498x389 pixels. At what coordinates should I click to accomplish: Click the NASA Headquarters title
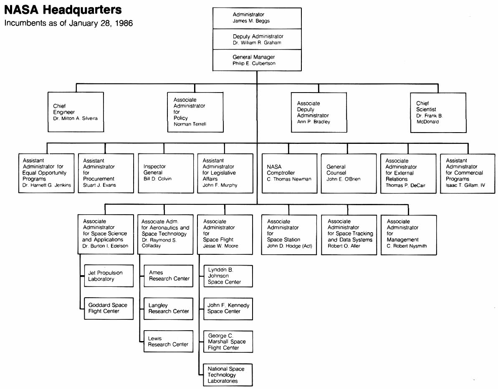[x=63, y=10]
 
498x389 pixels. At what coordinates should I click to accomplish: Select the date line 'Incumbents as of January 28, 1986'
[x=68, y=23]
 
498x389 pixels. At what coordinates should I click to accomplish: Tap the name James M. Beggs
[x=251, y=21]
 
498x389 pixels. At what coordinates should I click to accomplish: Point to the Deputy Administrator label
[x=258, y=36]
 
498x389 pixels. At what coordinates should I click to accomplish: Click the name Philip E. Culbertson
[x=254, y=63]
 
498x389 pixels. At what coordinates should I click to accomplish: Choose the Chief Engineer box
[x=76, y=112]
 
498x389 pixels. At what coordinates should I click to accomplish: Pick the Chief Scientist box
[x=438, y=113]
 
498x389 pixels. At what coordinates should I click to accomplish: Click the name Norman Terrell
[x=190, y=124]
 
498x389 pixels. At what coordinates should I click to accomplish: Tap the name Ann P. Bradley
[x=313, y=122]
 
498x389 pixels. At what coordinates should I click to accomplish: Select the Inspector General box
[x=165, y=173]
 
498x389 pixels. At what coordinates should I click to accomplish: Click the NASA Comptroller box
[x=289, y=173]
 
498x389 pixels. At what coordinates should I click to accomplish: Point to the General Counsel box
[x=348, y=173]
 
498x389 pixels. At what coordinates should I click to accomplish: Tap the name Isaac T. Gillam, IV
[x=465, y=185]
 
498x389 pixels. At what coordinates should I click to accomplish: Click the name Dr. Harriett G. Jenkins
[x=47, y=185]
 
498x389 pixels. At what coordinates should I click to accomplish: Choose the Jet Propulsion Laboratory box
[x=109, y=276]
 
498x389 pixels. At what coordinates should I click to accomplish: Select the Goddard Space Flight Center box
[x=109, y=308]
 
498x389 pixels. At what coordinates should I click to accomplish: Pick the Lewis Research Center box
[x=168, y=341]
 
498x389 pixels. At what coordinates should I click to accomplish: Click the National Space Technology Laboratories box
[x=228, y=375]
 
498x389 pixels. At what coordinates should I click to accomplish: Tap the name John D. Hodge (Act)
[x=289, y=246]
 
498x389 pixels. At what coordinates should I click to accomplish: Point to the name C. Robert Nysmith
[x=407, y=246]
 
